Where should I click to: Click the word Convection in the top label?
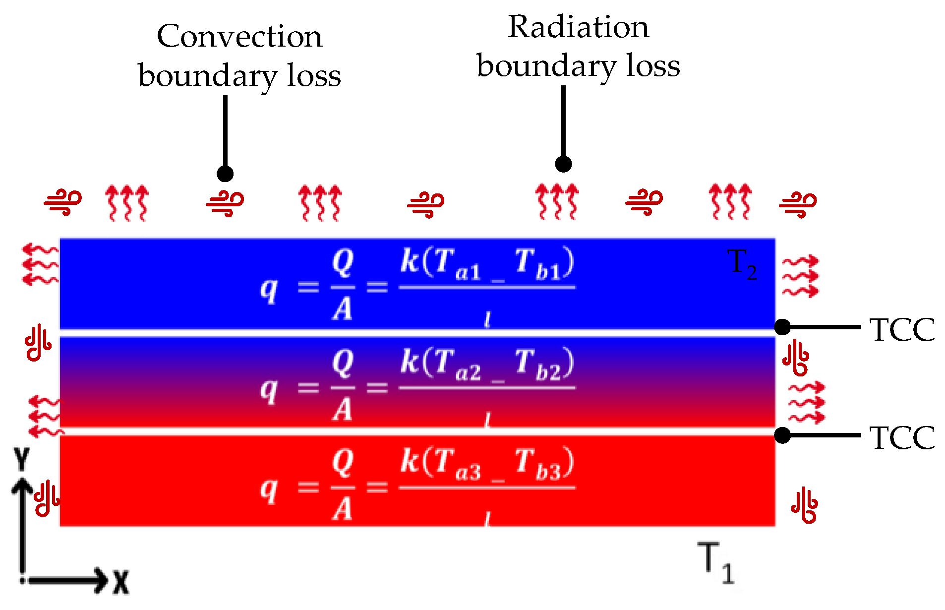[239, 37]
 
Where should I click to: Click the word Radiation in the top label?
[578, 27]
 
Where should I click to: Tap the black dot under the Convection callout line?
[225, 174]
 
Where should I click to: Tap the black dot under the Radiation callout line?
[563, 164]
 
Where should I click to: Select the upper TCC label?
[902, 330]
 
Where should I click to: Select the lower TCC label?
[902, 438]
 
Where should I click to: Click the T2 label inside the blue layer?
[742, 264]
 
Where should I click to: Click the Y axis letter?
[21, 459]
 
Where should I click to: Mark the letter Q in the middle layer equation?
[343, 362]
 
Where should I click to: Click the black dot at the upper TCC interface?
[782, 327]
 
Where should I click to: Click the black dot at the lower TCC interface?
[782, 435]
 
